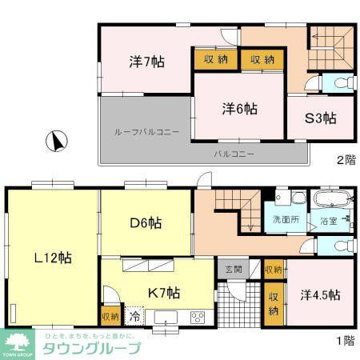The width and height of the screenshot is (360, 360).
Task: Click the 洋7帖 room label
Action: [x=145, y=62]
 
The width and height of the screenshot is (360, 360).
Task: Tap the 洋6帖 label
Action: [x=239, y=109]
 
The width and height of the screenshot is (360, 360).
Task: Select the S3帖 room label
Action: [x=320, y=119]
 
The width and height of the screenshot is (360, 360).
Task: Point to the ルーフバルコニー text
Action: [x=146, y=131]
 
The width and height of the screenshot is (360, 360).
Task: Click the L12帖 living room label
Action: [x=51, y=258]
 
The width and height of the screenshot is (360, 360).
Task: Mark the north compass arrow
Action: [x=56, y=142]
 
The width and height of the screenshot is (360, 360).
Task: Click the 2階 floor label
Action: [x=345, y=160]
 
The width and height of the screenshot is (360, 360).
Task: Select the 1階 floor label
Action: [x=345, y=340]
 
